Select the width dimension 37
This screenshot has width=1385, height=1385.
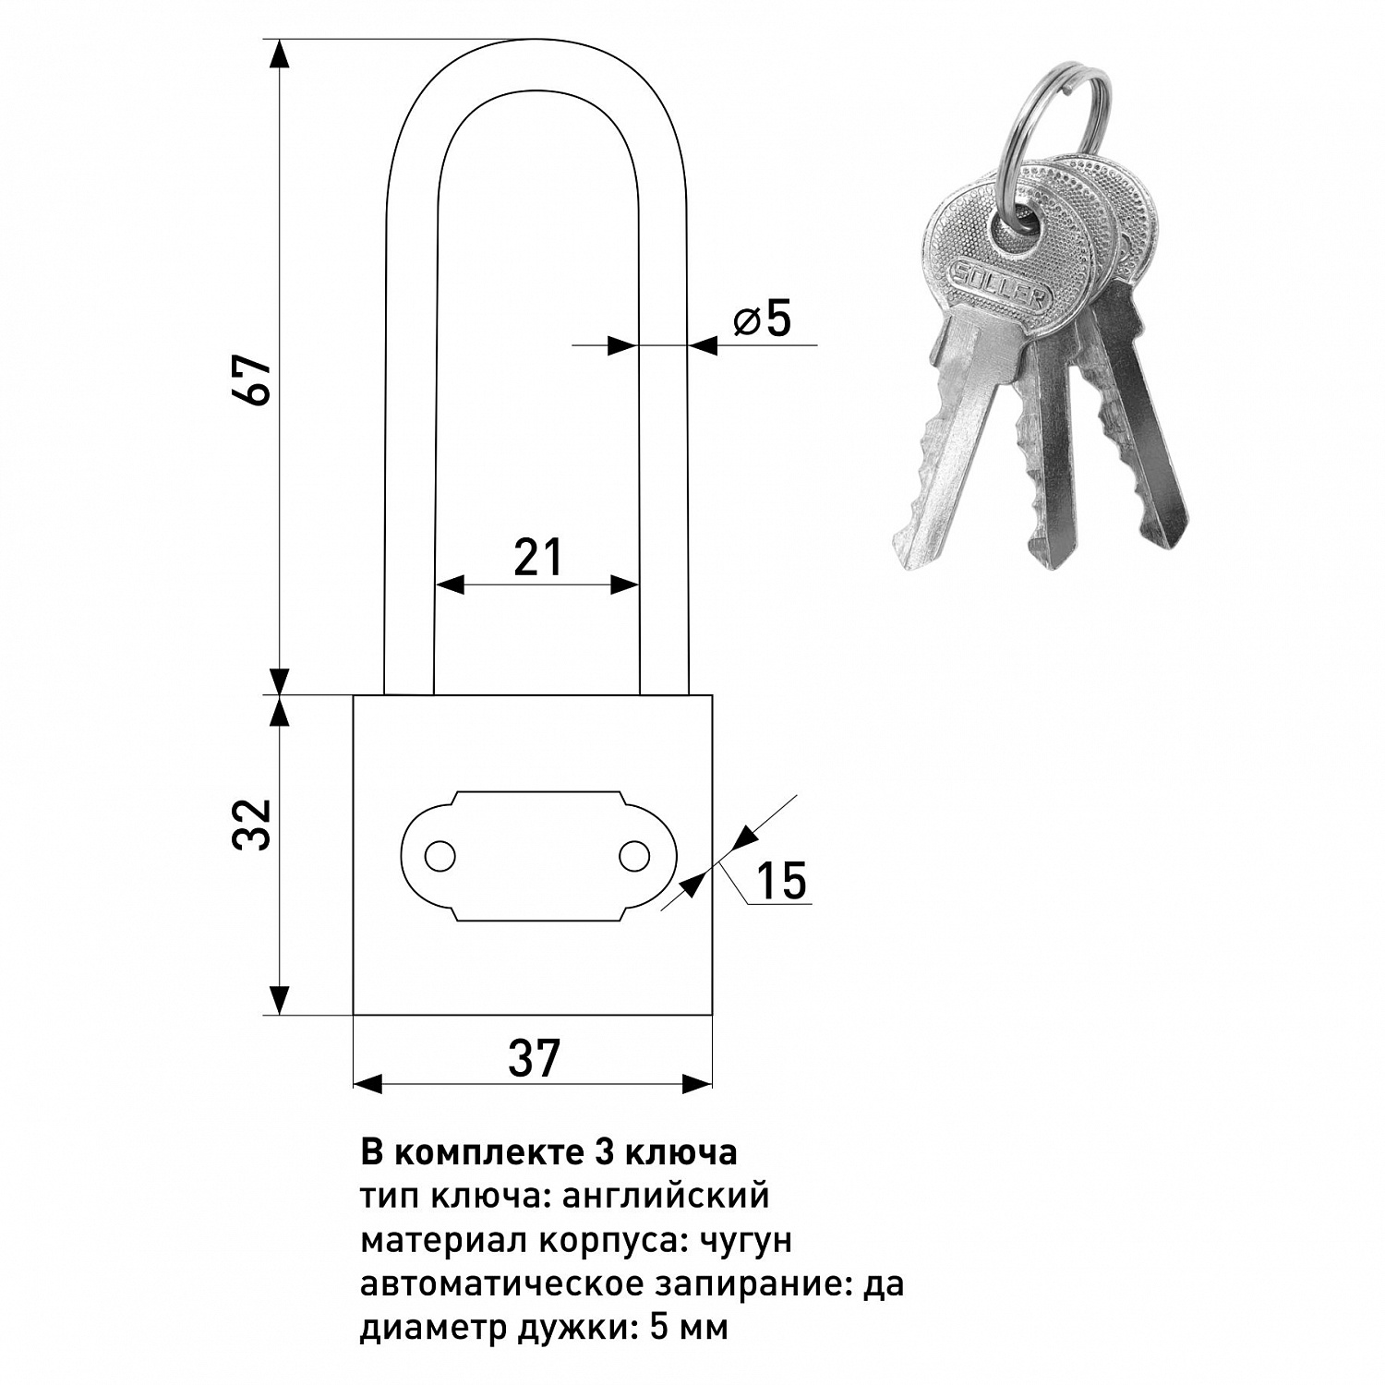(534, 1058)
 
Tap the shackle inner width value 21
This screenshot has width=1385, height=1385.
(537, 558)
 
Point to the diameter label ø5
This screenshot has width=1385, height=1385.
(763, 319)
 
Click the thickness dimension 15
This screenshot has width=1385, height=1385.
(781, 880)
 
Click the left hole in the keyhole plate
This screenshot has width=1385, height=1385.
(440, 856)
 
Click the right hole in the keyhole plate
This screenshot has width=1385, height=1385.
(634, 856)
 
